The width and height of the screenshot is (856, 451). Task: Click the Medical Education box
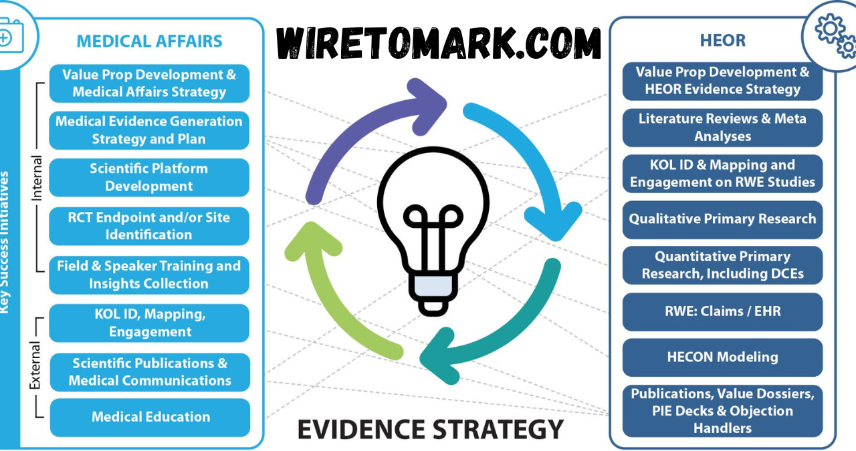pos(150,417)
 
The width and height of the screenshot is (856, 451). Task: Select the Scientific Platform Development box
pos(149,178)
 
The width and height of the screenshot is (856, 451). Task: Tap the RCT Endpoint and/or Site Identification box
pos(149,226)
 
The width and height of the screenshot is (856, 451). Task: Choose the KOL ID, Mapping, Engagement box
pos(149,323)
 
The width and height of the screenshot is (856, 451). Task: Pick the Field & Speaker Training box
pos(149,275)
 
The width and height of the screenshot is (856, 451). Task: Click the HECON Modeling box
pos(722,357)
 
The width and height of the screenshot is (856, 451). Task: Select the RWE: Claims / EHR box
pos(722,311)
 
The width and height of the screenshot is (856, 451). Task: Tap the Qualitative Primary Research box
pos(722,219)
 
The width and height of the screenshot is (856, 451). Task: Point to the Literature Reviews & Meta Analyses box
pos(722,128)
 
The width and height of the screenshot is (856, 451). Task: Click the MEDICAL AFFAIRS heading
pos(149,41)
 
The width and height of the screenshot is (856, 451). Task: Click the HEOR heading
pos(722,41)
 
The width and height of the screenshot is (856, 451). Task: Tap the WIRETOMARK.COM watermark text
pos(439,44)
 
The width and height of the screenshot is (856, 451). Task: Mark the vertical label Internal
pos(37,179)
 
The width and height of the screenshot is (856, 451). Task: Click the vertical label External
pos(35,366)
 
